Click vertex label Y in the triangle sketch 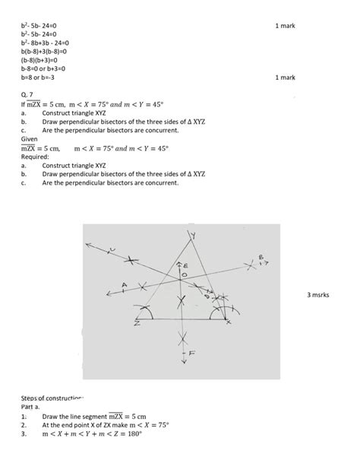192,236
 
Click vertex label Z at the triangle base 137,324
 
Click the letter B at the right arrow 261,258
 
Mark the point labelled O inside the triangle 183,275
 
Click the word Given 30,140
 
